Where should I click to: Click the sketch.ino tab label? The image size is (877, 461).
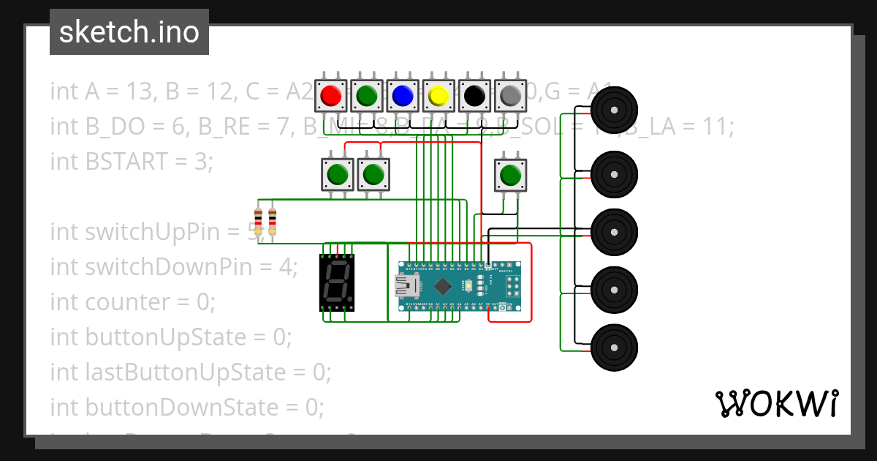pyautogui.click(x=129, y=32)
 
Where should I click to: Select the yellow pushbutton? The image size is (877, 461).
pyautogui.click(x=438, y=95)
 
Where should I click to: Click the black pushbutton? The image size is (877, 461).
pyautogui.click(x=474, y=95)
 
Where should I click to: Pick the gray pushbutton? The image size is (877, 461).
pyautogui.click(x=510, y=95)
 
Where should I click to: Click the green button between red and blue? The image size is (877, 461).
pyautogui.click(x=367, y=95)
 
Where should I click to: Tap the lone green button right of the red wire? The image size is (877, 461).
pyautogui.click(x=510, y=175)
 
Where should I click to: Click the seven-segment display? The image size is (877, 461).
pyautogui.click(x=337, y=282)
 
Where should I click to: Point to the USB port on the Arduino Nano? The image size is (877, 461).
pyautogui.click(x=404, y=285)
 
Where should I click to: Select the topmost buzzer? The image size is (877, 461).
pyautogui.click(x=614, y=110)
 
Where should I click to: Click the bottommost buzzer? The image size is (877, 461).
pyautogui.click(x=614, y=347)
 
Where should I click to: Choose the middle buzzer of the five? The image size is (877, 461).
pyautogui.click(x=614, y=231)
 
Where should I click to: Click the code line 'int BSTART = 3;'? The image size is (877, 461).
pyautogui.click(x=132, y=161)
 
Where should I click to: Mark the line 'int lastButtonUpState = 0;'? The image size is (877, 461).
pyautogui.click(x=191, y=372)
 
